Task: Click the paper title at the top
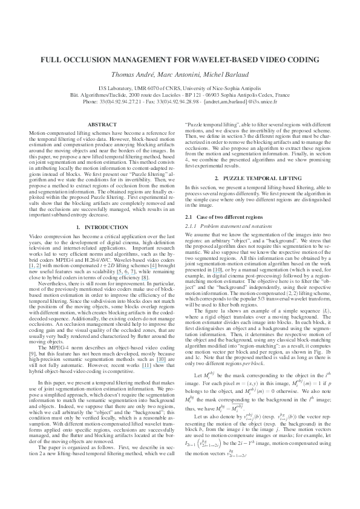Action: [180, 60]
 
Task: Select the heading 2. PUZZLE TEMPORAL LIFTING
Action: [262, 163]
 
